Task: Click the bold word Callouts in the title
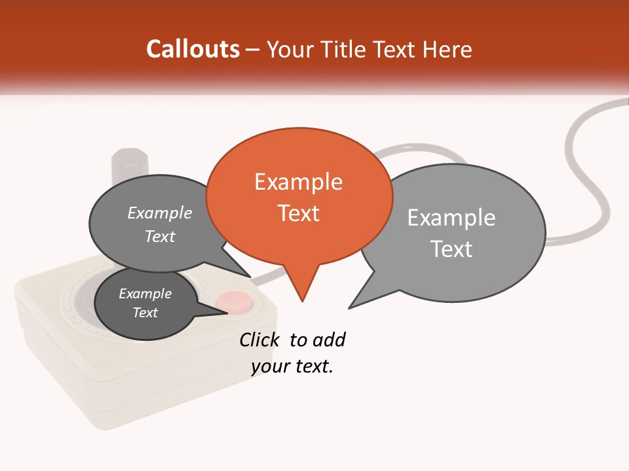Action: click(x=193, y=49)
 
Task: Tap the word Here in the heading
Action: click(x=448, y=49)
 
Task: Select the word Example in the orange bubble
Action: click(x=299, y=182)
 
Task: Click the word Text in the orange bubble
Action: click(x=299, y=213)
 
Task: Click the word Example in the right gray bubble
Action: click(x=451, y=217)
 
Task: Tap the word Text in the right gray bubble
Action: click(x=451, y=249)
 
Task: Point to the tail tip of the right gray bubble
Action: click(x=350, y=307)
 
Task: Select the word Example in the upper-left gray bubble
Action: click(x=160, y=213)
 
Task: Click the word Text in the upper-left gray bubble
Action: click(x=160, y=236)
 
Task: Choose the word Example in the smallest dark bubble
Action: click(x=145, y=294)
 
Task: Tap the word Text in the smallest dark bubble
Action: click(x=145, y=313)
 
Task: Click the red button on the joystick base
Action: click(x=235, y=302)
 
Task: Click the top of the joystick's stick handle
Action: click(x=130, y=157)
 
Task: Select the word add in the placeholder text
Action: click(x=329, y=340)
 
